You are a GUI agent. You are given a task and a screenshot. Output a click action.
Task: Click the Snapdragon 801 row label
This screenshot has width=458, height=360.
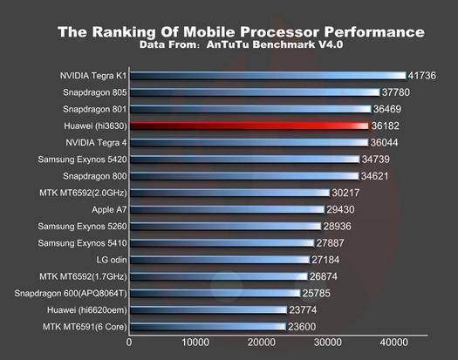(94, 109)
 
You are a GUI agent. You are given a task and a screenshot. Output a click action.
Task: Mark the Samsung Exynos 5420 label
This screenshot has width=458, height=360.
(83, 160)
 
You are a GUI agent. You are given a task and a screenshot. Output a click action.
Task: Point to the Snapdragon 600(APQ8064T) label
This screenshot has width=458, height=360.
(71, 293)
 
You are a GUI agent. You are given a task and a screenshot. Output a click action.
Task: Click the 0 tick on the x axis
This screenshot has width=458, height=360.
(129, 343)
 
